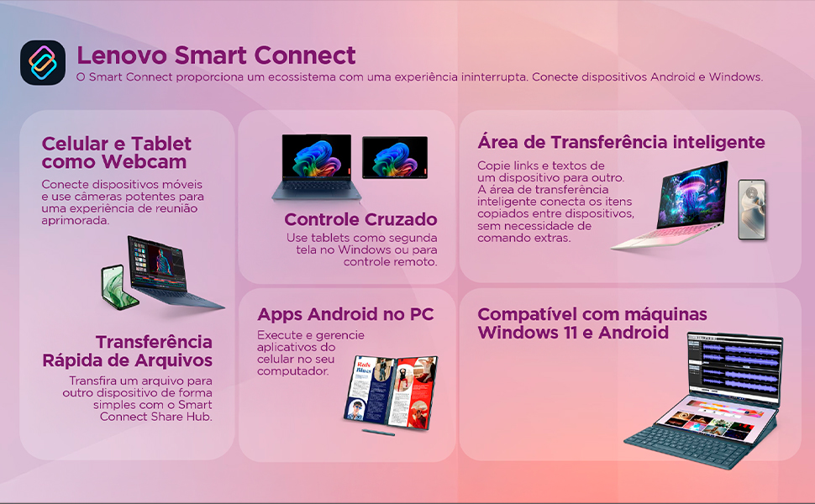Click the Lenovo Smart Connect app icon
(43, 63)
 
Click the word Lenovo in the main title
(121, 55)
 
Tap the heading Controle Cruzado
(360, 219)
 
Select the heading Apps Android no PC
(345, 314)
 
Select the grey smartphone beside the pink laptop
(752, 209)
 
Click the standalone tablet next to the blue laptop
(394, 158)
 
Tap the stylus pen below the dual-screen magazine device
(378, 433)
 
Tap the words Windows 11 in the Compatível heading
(522, 332)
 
